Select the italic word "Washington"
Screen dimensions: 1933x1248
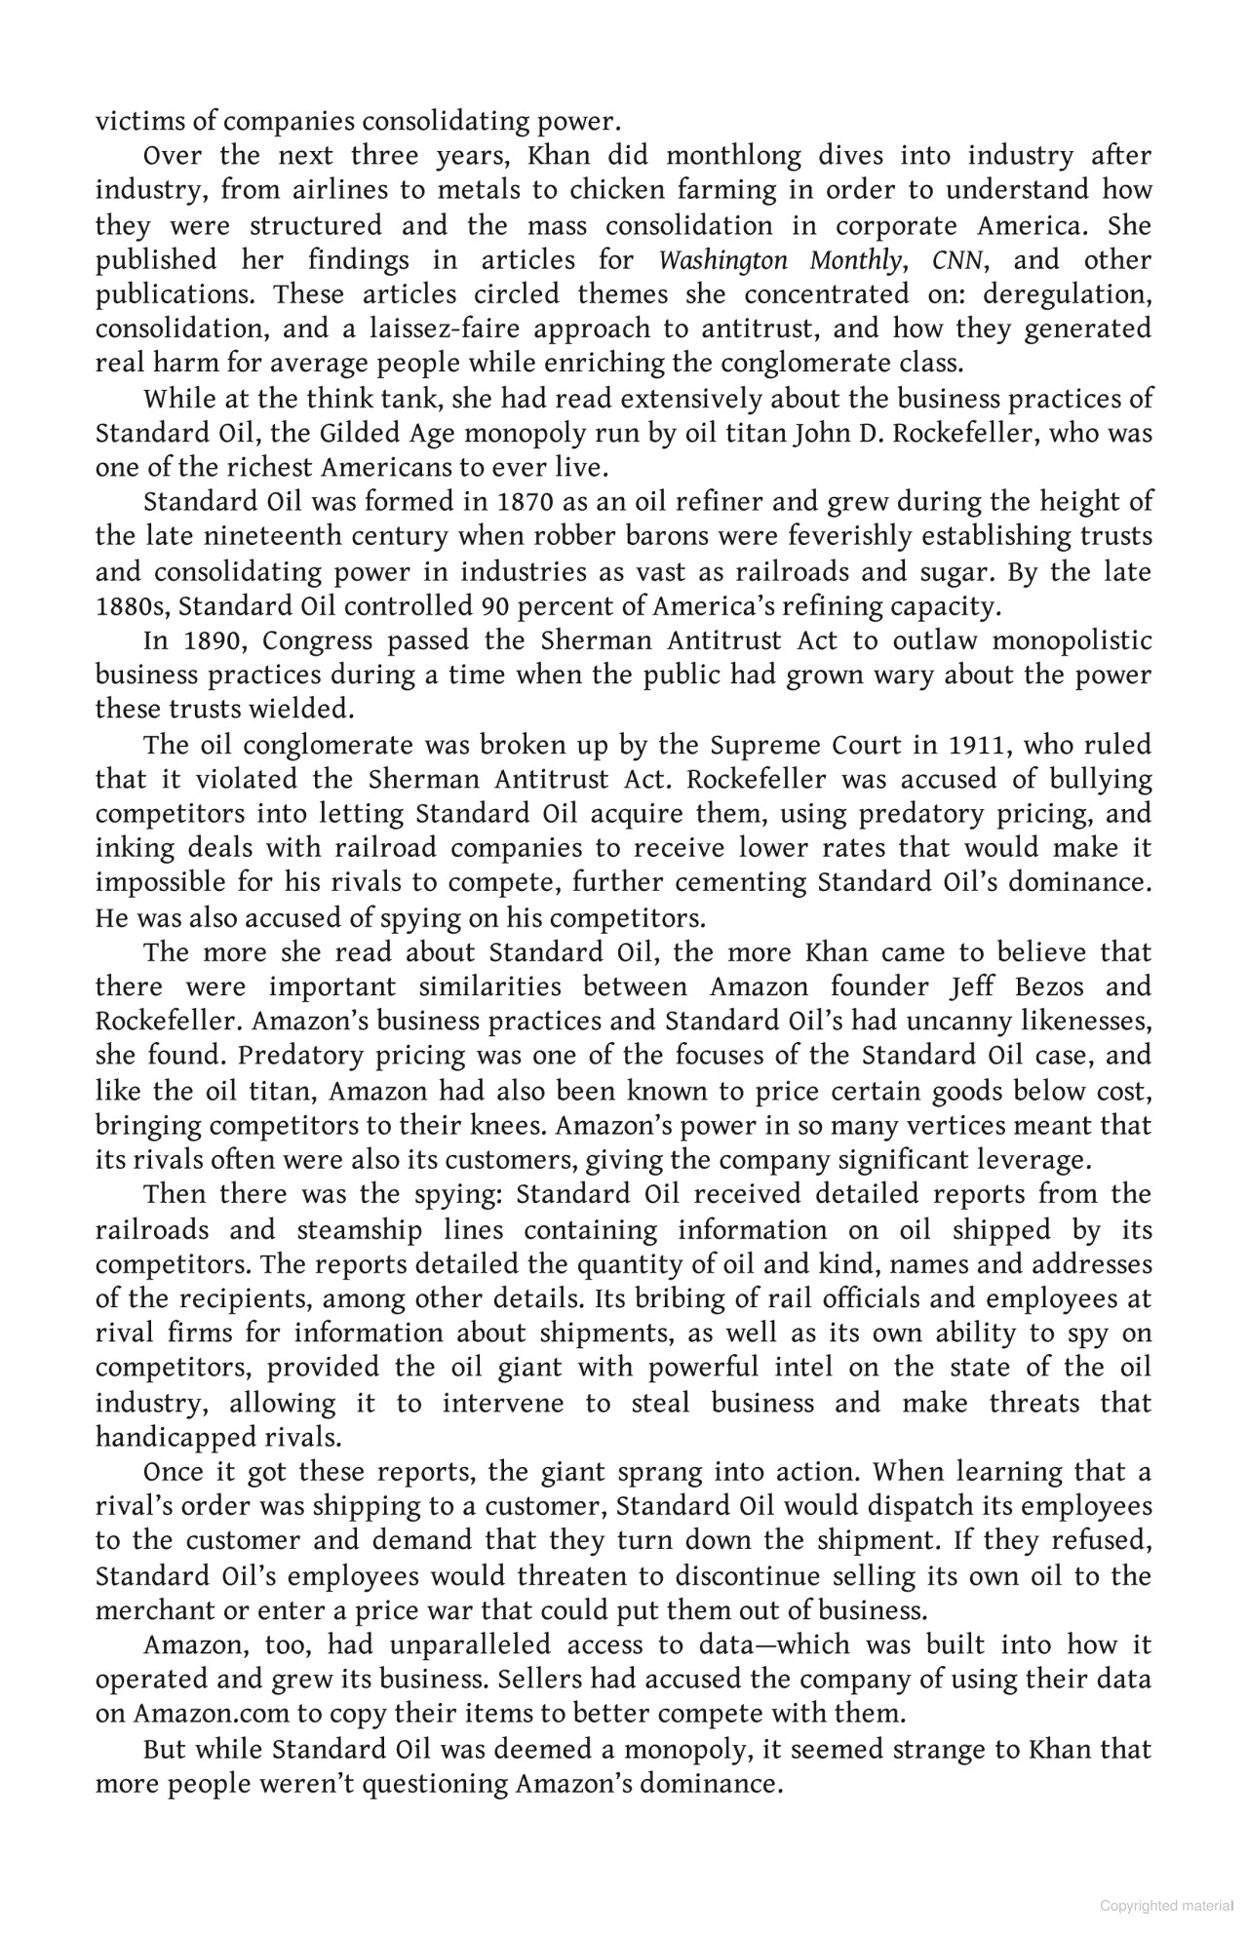721,260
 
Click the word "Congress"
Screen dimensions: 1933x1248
318,641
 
